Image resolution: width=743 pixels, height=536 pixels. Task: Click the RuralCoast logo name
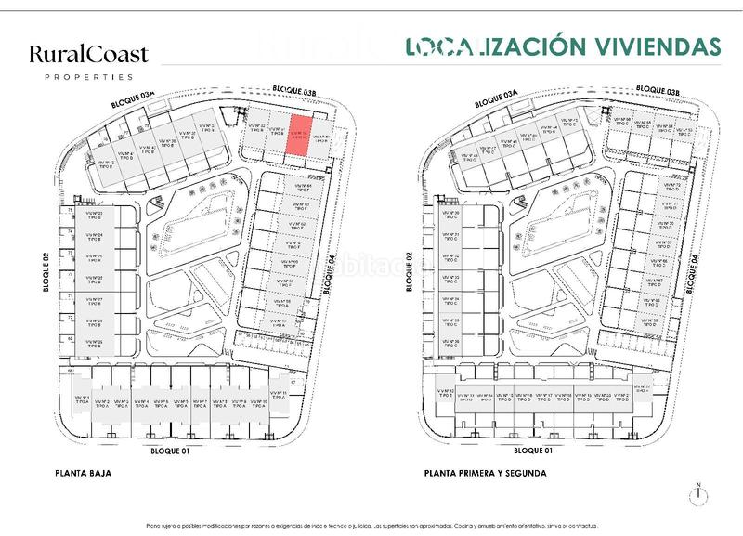click(88, 55)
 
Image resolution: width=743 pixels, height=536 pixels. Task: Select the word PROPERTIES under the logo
click(88, 76)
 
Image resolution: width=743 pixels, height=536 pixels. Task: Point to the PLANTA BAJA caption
click(83, 473)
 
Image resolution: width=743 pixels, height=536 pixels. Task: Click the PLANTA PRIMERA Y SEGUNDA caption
click(485, 473)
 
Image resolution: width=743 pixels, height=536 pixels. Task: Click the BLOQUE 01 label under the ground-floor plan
click(170, 450)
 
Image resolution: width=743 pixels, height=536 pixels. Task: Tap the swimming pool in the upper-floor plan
click(556, 227)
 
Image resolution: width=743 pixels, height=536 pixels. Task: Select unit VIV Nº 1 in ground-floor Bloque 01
click(81, 403)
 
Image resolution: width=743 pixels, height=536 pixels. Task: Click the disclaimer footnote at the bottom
click(371, 525)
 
